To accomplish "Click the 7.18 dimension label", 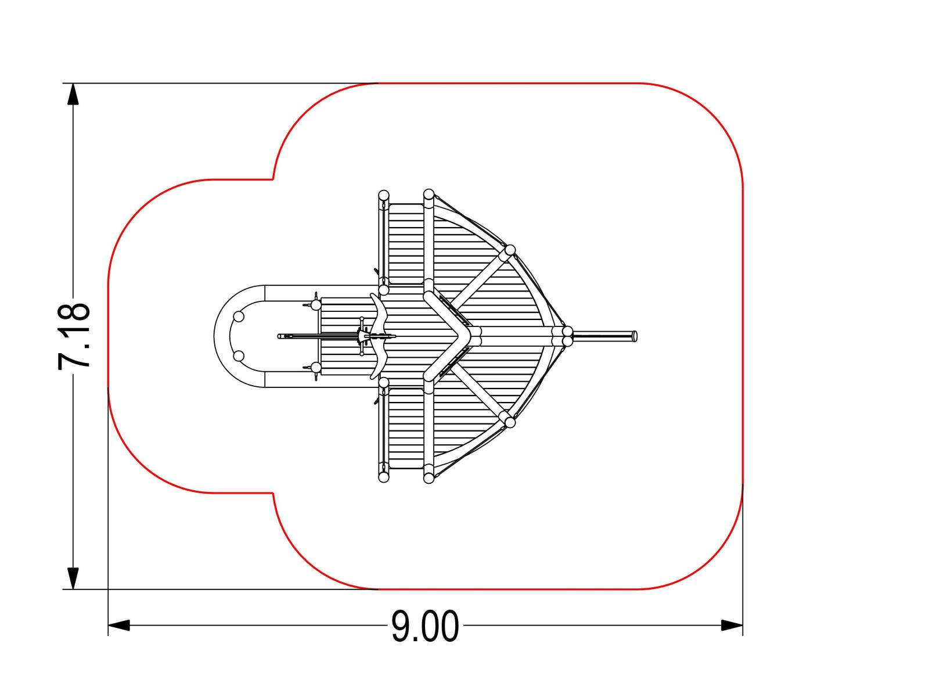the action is pos(74,336).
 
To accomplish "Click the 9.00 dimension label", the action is pos(424,626).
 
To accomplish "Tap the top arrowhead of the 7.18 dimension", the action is pos(73,94).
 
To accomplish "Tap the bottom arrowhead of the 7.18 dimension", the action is pos(73,578).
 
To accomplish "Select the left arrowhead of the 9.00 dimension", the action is pos(119,625).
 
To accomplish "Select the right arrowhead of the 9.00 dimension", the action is pos(732,625).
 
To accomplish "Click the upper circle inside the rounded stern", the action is pos(239,317).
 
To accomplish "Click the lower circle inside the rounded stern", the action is pos(239,356).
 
